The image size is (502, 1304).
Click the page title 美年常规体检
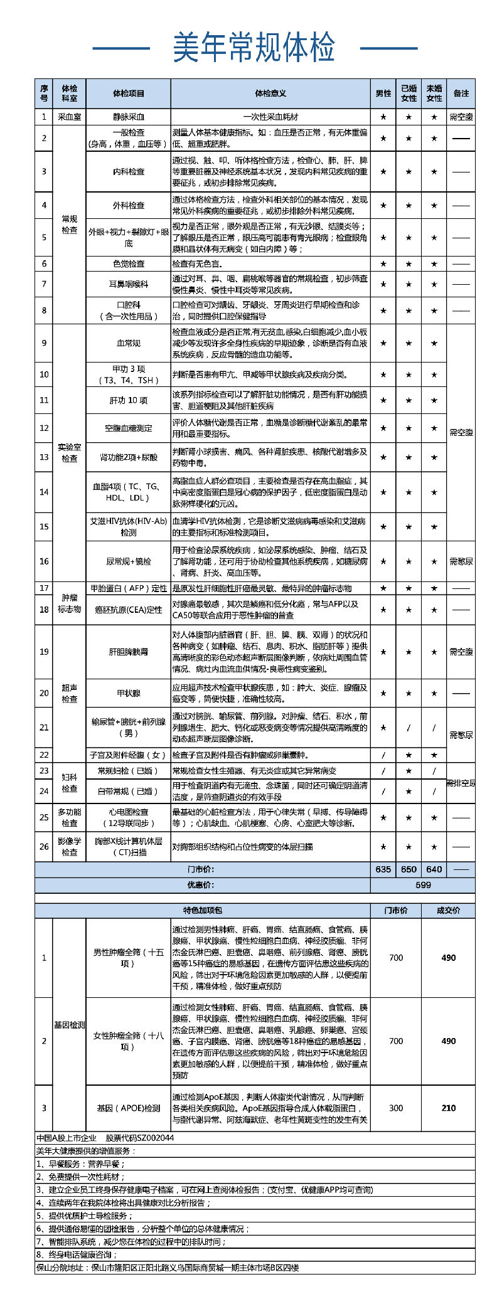click(x=254, y=48)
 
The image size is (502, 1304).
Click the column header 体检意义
click(x=270, y=93)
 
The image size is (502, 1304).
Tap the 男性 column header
click(x=383, y=93)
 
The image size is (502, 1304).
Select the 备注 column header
click(x=461, y=93)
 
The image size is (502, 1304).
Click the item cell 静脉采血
click(x=129, y=117)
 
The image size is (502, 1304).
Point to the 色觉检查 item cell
click(x=129, y=264)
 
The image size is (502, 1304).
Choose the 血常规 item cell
click(x=129, y=343)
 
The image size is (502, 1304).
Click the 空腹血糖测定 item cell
click(x=129, y=428)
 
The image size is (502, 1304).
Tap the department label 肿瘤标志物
click(x=70, y=603)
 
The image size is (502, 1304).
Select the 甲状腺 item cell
click(x=129, y=693)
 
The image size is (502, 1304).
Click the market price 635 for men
click(x=383, y=869)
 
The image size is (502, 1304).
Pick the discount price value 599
click(x=423, y=885)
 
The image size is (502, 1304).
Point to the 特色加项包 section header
click(x=202, y=910)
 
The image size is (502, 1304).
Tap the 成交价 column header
click(x=448, y=910)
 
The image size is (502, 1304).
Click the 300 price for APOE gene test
click(x=396, y=1108)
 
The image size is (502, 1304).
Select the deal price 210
click(x=448, y=1108)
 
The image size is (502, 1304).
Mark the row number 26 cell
click(x=44, y=846)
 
